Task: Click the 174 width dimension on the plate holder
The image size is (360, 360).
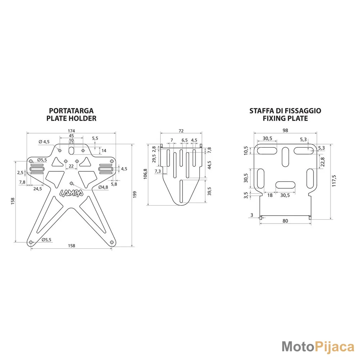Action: pyautogui.click(x=71, y=131)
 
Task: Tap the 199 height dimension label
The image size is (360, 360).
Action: pyautogui.click(x=135, y=194)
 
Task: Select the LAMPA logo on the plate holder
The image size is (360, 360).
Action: pyautogui.click(x=71, y=193)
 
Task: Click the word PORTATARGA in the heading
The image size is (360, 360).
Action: pyautogui.click(x=71, y=111)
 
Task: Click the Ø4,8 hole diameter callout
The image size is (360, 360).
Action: pyautogui.click(x=103, y=187)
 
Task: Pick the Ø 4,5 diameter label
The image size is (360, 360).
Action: pyautogui.click(x=44, y=141)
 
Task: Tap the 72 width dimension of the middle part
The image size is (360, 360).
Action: pyautogui.click(x=181, y=131)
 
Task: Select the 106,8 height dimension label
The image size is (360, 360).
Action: pyautogui.click(x=145, y=174)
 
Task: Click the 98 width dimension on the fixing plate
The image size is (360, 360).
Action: pyautogui.click(x=285, y=130)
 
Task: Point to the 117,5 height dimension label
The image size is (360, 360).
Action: pyautogui.click(x=334, y=181)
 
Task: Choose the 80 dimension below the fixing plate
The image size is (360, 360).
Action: pyautogui.click(x=285, y=221)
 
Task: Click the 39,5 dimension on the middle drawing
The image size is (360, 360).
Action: pyautogui.click(x=210, y=191)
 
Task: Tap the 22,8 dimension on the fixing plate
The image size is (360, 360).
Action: pyautogui.click(x=323, y=162)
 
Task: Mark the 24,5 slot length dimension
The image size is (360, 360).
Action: pyautogui.click(x=38, y=189)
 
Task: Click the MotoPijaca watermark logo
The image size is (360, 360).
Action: pyautogui.click(x=318, y=347)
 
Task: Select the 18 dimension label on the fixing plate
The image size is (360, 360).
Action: pyautogui.click(x=270, y=195)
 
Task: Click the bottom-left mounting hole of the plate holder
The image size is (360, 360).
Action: pyautogui.click(x=31, y=242)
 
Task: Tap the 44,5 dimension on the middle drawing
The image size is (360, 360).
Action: pyautogui.click(x=210, y=165)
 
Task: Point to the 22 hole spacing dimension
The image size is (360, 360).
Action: pyautogui.click(x=71, y=166)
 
